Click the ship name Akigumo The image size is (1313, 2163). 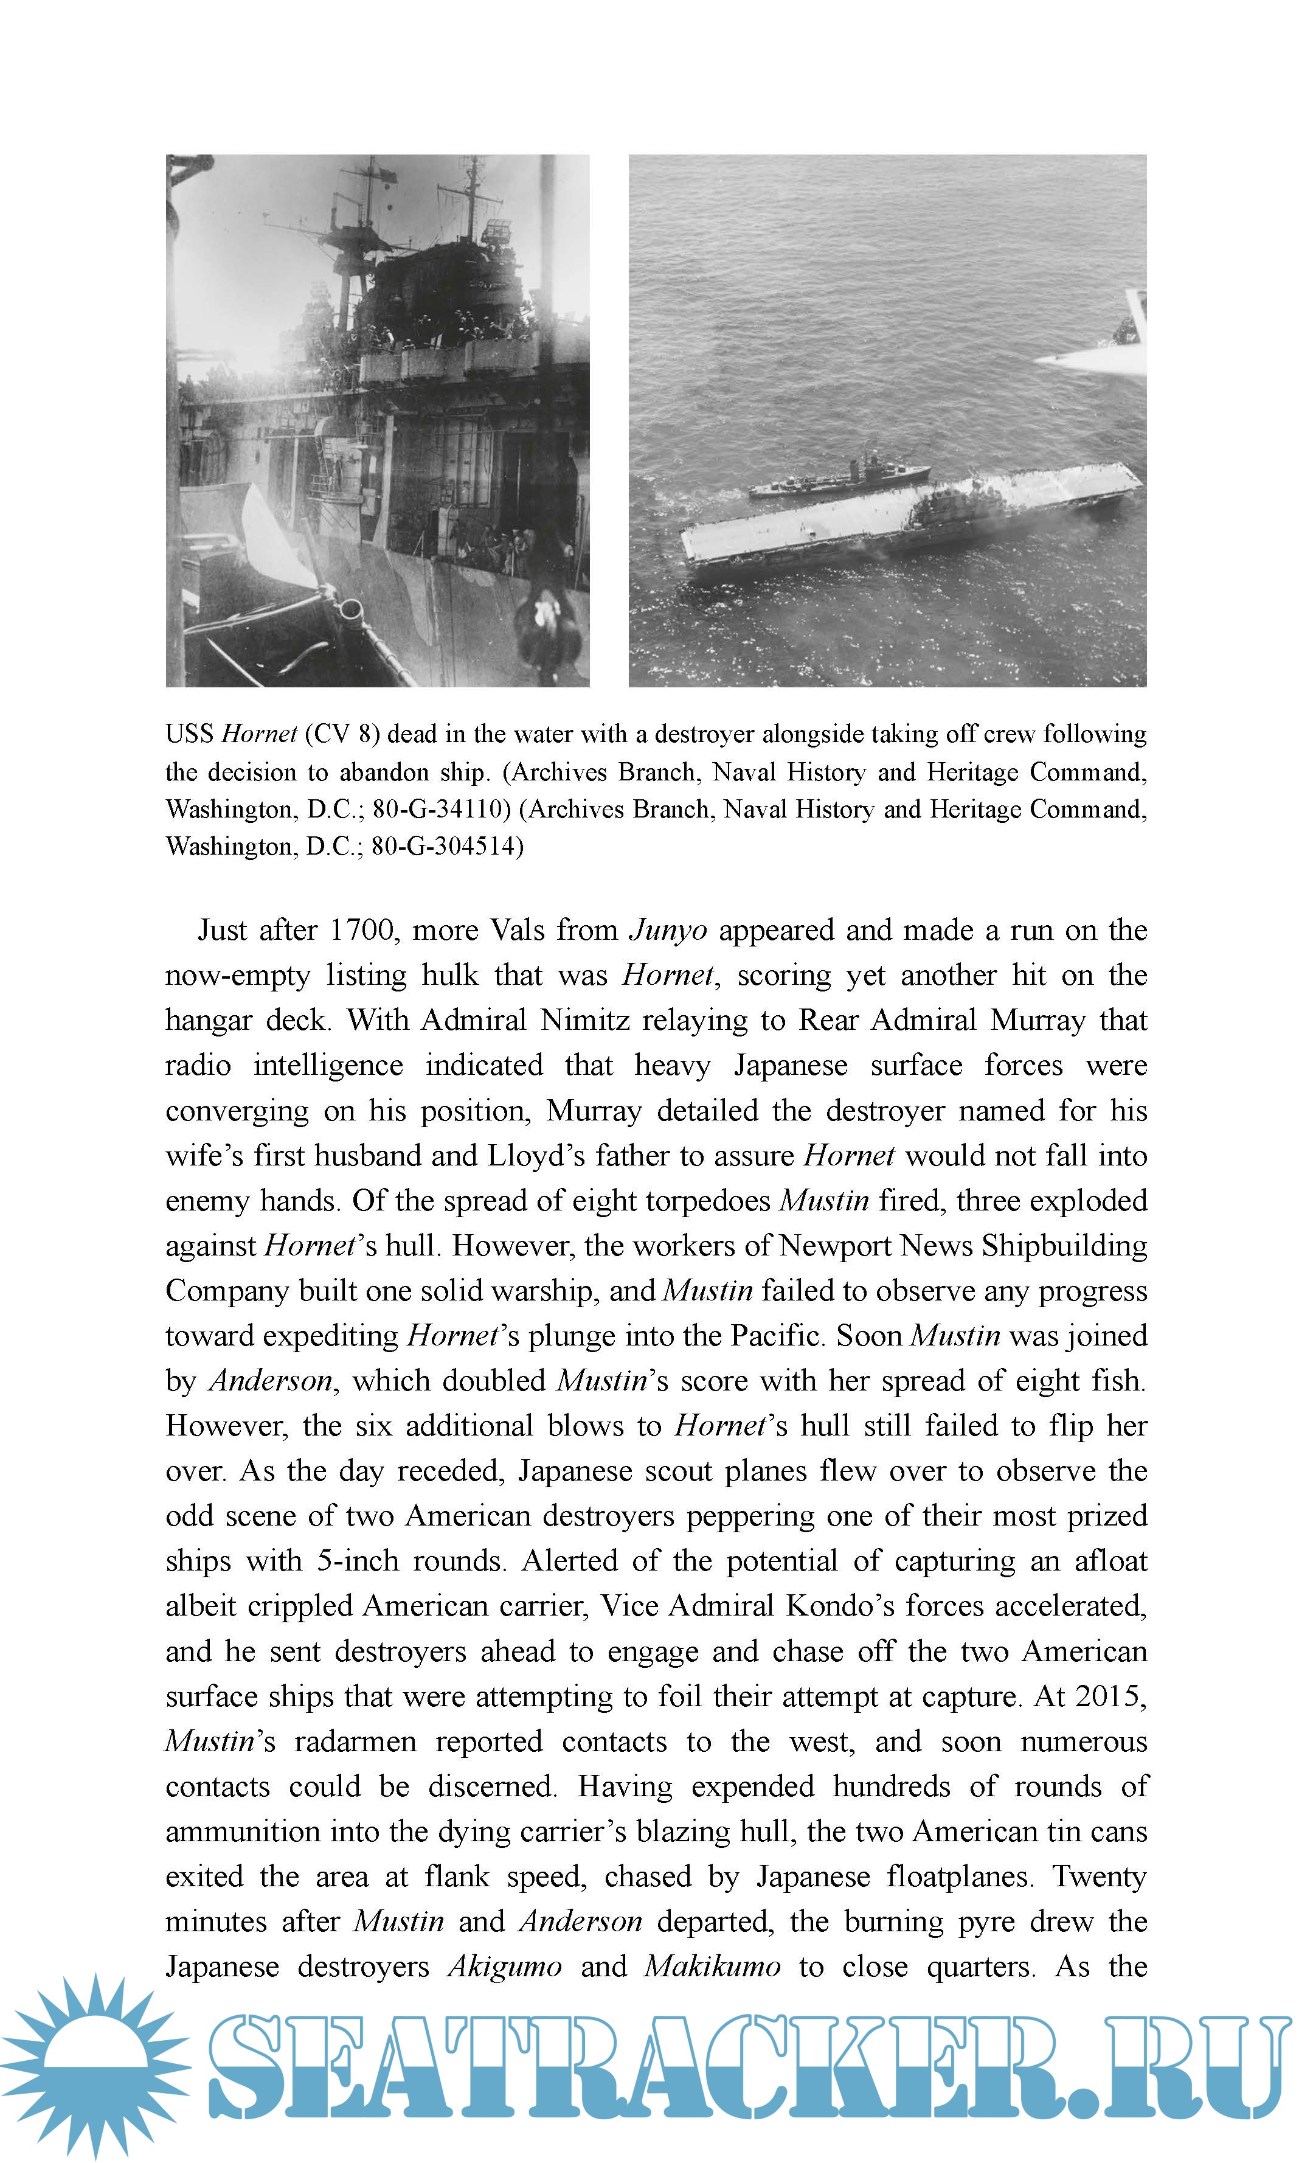point(505,1967)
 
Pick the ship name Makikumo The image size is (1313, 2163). point(712,1967)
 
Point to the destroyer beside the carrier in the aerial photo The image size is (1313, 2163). point(838,479)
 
